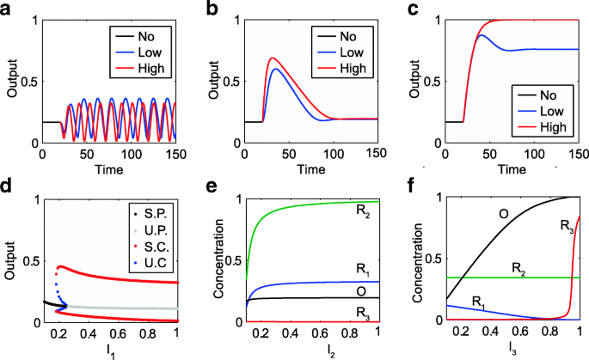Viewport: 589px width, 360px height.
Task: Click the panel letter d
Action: tap(8, 184)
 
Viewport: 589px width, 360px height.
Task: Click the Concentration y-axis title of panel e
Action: tap(218, 259)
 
